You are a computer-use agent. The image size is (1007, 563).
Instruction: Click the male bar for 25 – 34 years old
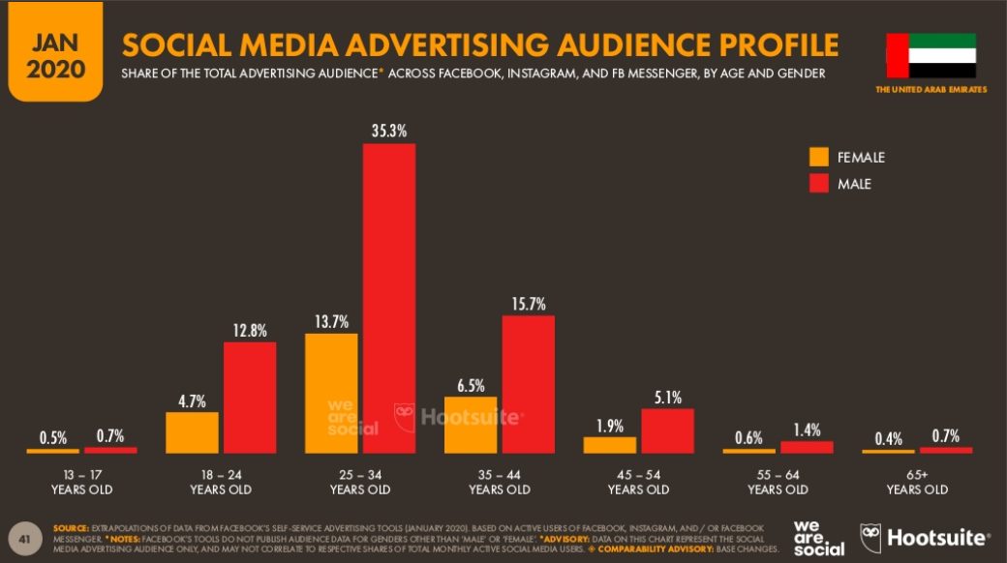tap(389, 298)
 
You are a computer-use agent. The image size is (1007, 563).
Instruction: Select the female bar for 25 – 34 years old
tap(331, 393)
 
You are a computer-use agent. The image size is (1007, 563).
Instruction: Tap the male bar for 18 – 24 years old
tap(250, 398)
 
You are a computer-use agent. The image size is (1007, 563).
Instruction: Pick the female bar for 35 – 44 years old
tap(471, 425)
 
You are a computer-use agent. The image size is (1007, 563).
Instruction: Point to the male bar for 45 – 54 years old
tap(667, 430)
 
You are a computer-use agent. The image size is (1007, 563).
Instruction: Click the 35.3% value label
tap(389, 129)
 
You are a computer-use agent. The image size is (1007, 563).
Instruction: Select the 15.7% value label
tap(529, 302)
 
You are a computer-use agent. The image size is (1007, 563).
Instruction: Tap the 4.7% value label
tap(192, 399)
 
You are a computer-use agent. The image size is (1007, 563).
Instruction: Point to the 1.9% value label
tap(609, 424)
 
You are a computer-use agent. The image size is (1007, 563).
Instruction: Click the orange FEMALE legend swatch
tap(819, 157)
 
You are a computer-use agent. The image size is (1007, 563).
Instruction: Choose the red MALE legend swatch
tap(819, 182)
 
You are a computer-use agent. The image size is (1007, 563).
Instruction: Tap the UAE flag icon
tap(931, 56)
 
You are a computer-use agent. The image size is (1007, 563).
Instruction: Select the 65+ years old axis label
tap(917, 482)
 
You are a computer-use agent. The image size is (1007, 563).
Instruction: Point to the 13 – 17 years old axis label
tap(81, 482)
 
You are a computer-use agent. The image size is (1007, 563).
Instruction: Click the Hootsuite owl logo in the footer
tap(871, 537)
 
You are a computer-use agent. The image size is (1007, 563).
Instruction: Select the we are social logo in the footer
tap(818, 537)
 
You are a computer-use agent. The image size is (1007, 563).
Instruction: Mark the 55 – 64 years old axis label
tap(778, 482)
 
